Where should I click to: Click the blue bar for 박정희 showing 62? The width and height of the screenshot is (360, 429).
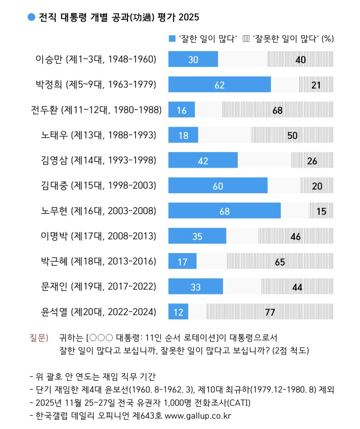tap(219, 85)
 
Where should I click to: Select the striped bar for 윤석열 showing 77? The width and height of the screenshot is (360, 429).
tap(270, 312)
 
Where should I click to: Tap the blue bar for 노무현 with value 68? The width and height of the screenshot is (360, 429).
tap(224, 211)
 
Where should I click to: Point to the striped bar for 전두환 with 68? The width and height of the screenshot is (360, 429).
tap(277, 110)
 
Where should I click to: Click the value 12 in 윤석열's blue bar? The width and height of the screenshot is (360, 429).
tap(178, 312)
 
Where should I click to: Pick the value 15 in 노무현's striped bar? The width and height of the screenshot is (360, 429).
tap(321, 211)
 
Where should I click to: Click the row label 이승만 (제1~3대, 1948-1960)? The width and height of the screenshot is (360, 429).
tap(96, 59)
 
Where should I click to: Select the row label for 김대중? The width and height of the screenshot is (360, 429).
tap(98, 186)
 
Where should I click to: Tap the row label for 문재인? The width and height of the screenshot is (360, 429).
tap(98, 286)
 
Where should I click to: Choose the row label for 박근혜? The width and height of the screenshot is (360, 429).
tap(98, 261)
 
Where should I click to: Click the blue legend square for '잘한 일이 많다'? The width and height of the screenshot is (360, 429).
tap(172, 39)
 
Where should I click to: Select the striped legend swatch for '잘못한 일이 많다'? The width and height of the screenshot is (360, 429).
tap(246, 39)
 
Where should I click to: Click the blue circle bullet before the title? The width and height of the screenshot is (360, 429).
tap(31, 17)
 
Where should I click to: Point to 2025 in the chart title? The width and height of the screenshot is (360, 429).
tap(189, 17)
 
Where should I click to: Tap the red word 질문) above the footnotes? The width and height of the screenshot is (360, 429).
tap(39, 338)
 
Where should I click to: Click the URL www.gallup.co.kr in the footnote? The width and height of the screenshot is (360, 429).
tap(198, 416)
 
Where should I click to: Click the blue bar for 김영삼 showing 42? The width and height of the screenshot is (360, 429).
tap(203, 160)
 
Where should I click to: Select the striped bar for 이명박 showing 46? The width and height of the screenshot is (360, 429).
tap(295, 236)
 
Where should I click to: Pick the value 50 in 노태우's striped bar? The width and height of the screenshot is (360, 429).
tap(292, 135)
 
